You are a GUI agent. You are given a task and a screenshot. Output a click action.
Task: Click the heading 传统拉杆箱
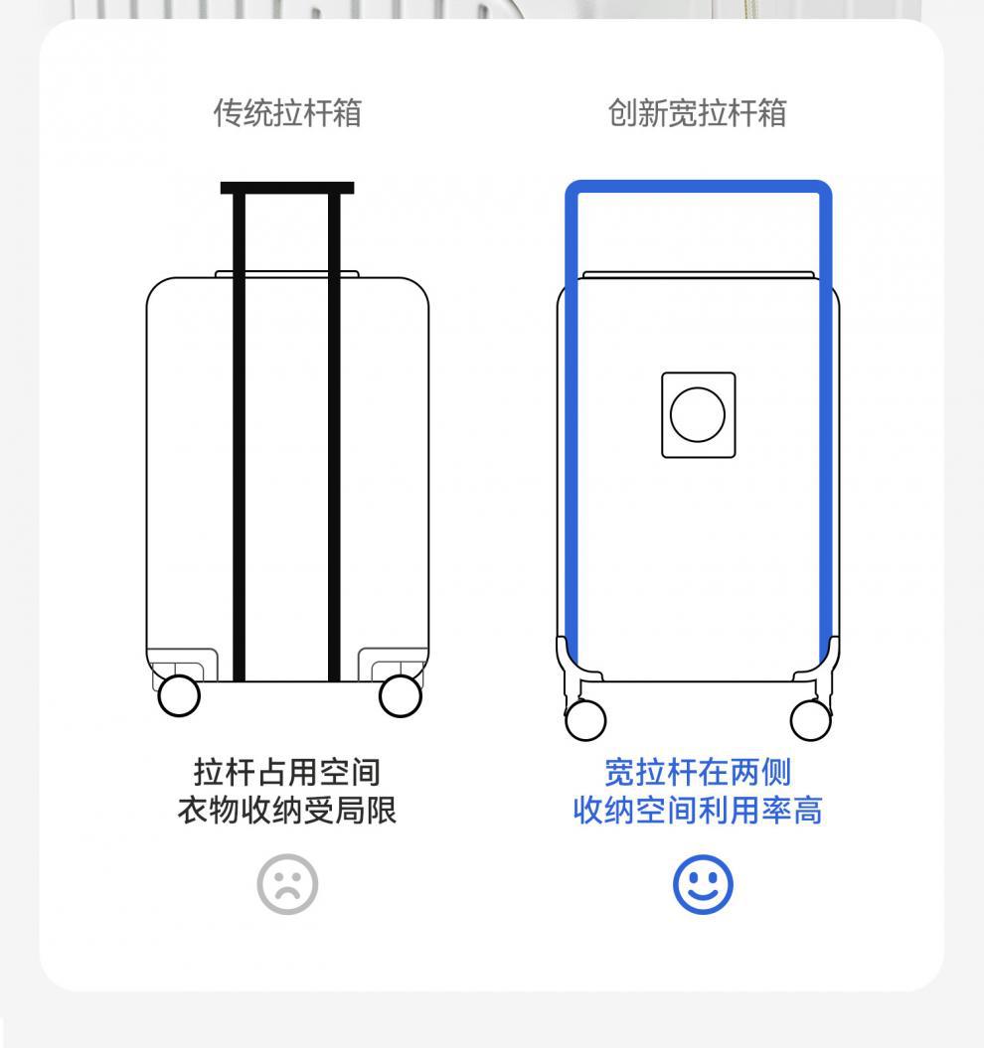click(x=288, y=113)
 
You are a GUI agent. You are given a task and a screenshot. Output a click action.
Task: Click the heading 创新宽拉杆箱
click(x=697, y=113)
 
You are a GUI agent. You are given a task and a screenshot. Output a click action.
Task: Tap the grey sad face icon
click(x=288, y=884)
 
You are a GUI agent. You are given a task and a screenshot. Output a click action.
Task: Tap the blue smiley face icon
click(x=703, y=884)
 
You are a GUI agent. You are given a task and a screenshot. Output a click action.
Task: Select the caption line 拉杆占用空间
click(x=287, y=772)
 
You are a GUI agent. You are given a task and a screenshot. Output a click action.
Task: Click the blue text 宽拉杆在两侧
click(x=698, y=772)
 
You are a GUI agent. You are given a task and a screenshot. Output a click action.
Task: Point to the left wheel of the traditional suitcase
click(x=179, y=695)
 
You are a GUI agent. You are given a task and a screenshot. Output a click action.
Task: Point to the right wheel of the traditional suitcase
click(x=401, y=695)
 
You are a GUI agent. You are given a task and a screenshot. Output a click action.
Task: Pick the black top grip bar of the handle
click(x=287, y=188)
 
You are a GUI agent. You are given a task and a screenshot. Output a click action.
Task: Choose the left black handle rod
click(x=239, y=437)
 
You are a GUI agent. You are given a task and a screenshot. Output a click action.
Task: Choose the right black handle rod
click(x=334, y=437)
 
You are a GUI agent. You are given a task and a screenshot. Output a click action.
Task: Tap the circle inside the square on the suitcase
click(x=698, y=415)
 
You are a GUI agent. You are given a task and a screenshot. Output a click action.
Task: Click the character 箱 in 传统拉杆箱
click(x=347, y=113)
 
